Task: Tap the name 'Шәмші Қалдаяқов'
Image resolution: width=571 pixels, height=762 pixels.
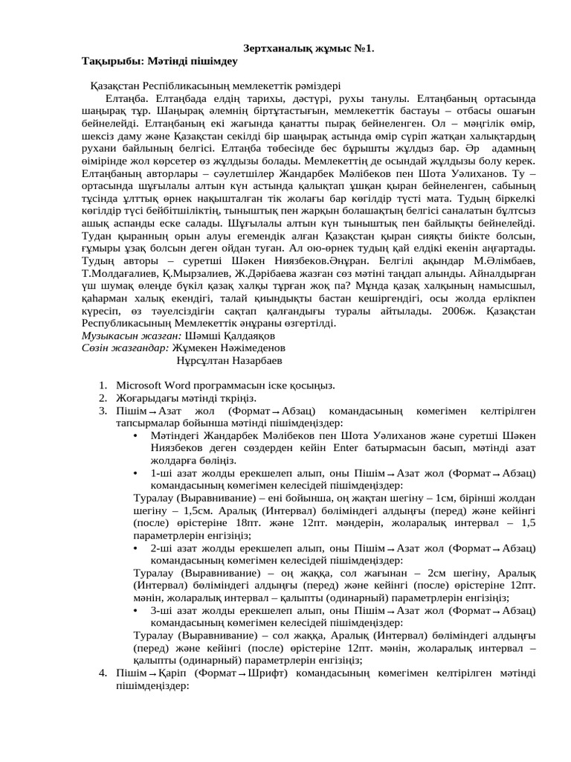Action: pos(215,336)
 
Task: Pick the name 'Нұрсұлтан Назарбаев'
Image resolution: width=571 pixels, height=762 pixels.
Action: pos(230,360)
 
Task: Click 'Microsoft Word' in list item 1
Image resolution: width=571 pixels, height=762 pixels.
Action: pos(153,385)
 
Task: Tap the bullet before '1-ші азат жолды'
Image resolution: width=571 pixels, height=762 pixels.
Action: pos(134,473)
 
